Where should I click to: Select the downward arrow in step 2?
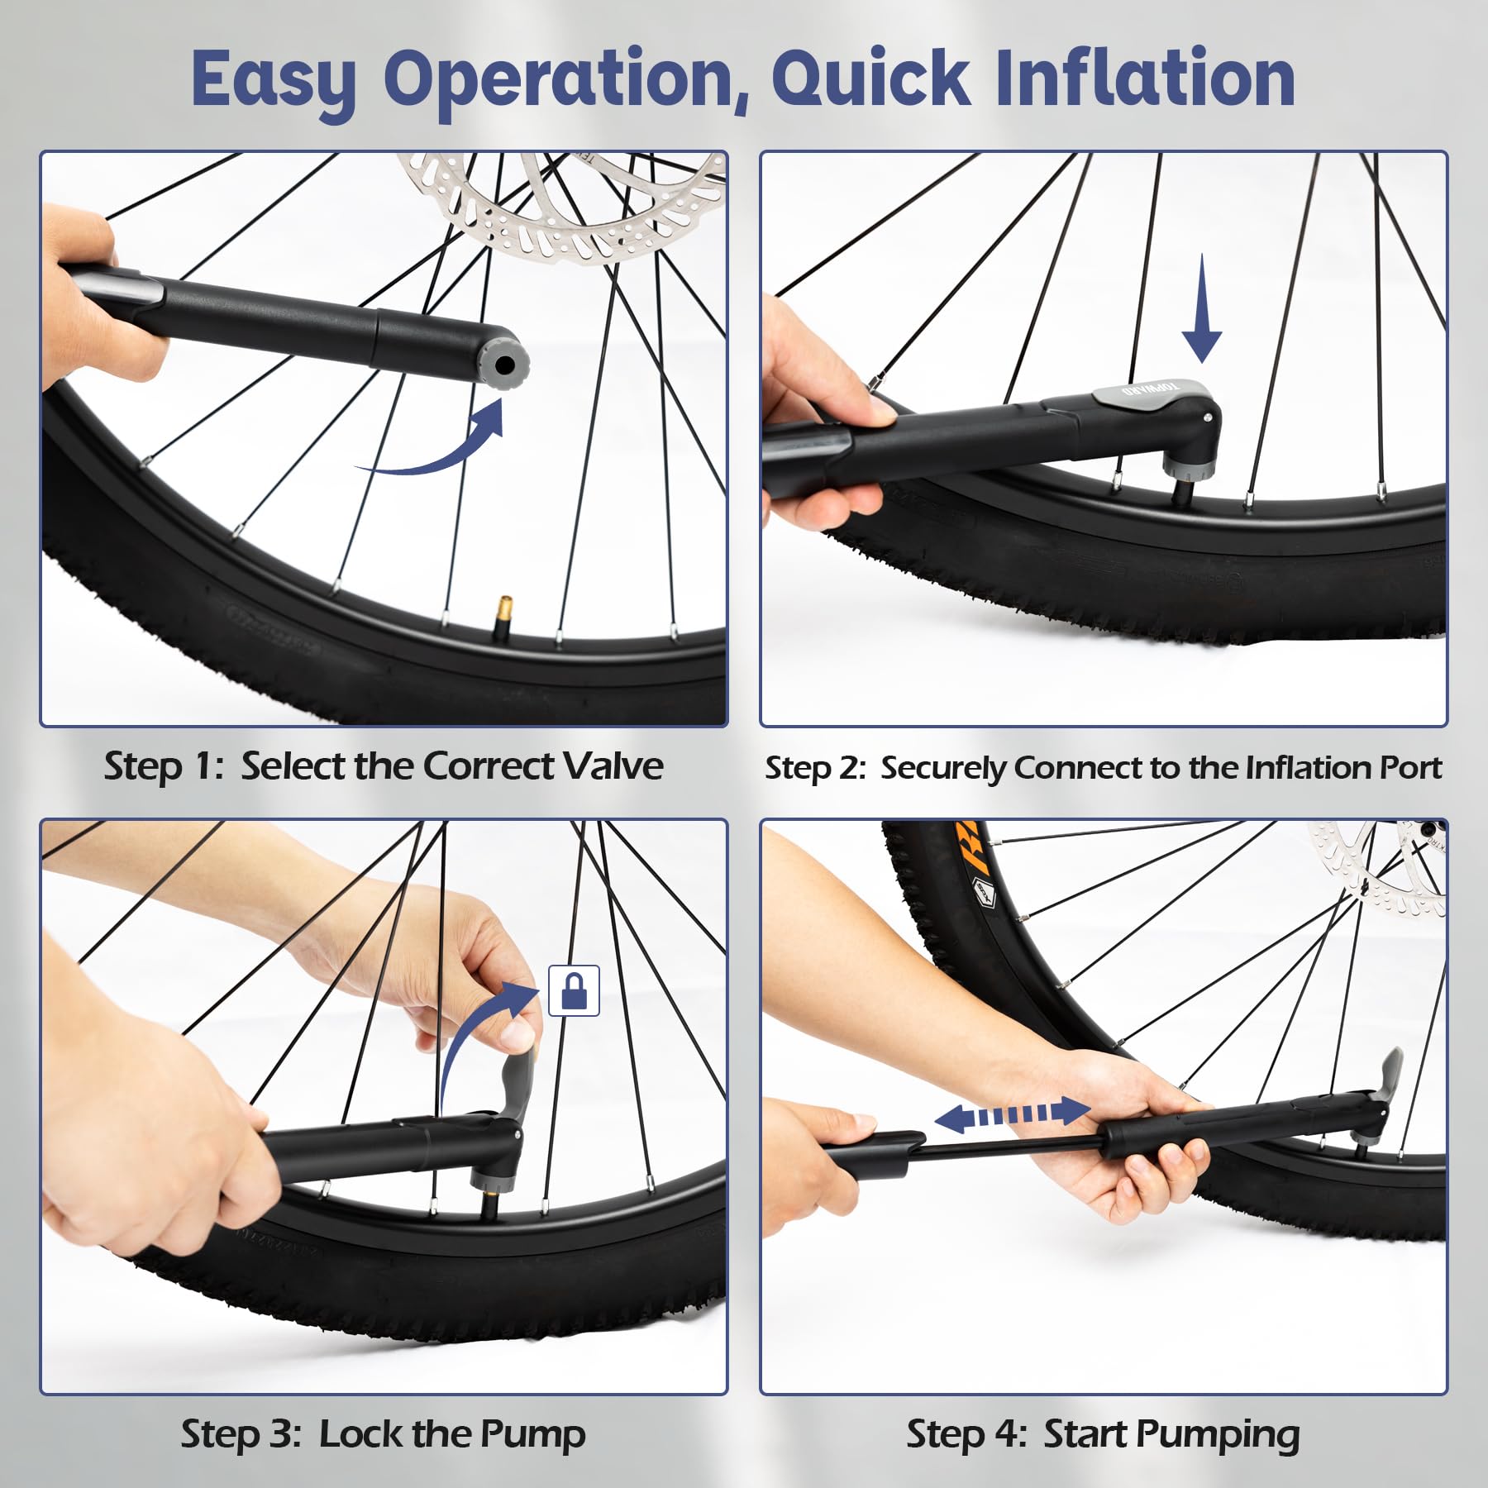click(1201, 321)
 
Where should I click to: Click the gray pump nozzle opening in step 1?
click(506, 362)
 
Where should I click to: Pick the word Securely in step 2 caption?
click(943, 768)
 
